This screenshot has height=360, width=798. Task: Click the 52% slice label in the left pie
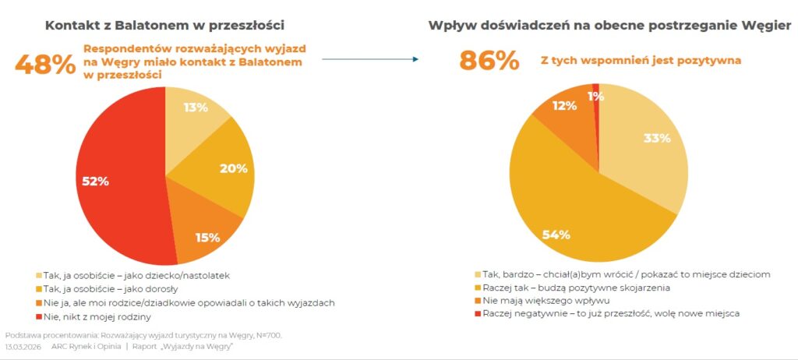point(97,181)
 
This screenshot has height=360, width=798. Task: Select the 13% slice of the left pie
point(195,108)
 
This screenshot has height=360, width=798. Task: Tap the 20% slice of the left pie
point(226,168)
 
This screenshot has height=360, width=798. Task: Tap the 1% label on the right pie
point(596,97)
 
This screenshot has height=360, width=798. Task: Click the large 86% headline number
point(489,60)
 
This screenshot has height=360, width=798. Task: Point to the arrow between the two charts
point(369,59)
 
